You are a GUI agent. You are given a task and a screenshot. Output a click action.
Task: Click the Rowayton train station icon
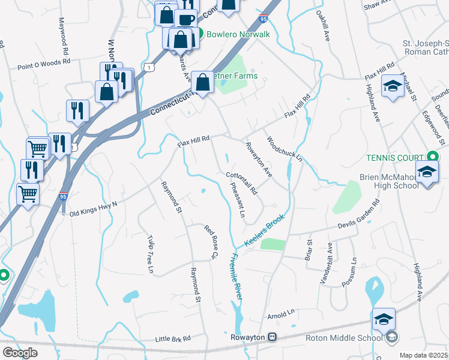point(273,337)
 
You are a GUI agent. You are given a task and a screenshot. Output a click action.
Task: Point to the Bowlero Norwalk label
point(238,34)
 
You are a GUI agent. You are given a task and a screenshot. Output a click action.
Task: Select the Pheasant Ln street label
point(238,205)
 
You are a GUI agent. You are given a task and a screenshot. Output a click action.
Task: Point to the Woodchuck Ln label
point(284,148)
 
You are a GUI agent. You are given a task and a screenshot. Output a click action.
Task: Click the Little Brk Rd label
point(172,338)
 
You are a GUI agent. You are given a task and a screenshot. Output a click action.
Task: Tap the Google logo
point(20,353)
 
